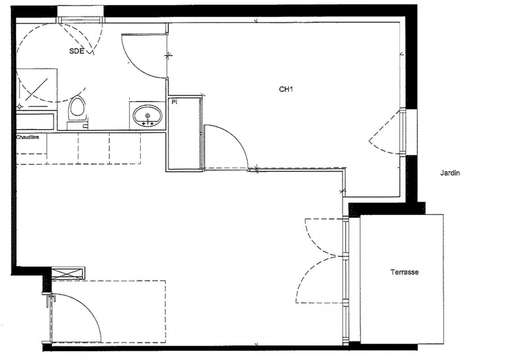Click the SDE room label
coord(77,51)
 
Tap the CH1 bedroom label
coord(286,89)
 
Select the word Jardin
coord(450,173)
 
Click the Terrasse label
coord(404,272)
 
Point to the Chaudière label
coord(27,137)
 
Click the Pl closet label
coord(174,103)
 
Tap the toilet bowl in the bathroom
coord(77,109)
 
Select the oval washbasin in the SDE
coord(148,116)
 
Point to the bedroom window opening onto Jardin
coord(403,132)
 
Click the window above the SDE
coord(80,20)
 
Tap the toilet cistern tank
coord(77,126)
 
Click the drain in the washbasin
coord(148,116)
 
